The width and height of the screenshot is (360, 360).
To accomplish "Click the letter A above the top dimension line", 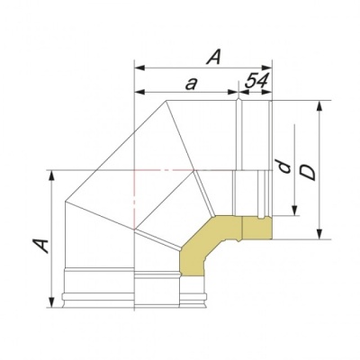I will (213, 56).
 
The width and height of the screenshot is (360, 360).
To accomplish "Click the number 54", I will (257, 82).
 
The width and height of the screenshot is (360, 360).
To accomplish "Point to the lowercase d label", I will (282, 168).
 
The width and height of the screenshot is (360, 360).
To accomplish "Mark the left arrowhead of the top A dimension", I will (138, 67).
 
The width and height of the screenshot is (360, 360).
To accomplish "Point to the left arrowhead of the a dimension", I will (138, 92).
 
